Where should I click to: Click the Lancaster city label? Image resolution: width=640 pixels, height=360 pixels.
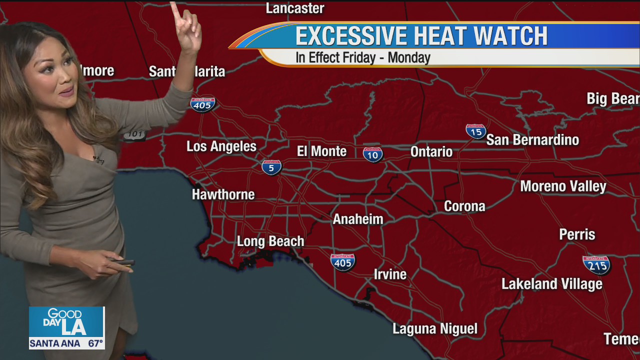(x=295, y=8)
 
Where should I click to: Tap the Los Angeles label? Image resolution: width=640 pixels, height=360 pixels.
(x=221, y=146)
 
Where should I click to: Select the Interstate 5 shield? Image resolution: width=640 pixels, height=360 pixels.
(x=271, y=167)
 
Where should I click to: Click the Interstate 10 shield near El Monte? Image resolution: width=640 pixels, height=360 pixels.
(x=373, y=154)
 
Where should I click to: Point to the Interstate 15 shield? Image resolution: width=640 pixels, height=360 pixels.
(x=476, y=131)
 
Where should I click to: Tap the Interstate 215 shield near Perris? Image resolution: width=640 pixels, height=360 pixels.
(x=596, y=264)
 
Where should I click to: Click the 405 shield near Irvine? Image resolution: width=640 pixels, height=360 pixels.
(x=343, y=262)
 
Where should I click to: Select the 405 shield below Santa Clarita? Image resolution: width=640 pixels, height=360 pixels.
(x=203, y=104)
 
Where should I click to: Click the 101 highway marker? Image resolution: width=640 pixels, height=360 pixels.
(x=135, y=134)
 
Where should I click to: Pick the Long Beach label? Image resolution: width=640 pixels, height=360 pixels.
(x=270, y=241)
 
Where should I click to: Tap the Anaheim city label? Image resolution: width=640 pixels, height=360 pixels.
(x=358, y=219)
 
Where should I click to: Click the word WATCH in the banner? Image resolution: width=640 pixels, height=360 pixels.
(x=510, y=36)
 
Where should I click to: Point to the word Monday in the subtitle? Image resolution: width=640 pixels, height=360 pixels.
(x=409, y=57)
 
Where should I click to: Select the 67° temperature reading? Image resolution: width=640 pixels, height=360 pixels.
(x=95, y=343)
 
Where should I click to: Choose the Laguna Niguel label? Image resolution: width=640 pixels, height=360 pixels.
(x=435, y=329)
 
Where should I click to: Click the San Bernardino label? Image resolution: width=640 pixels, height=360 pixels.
(x=532, y=140)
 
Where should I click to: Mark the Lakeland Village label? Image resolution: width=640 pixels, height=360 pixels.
(x=551, y=284)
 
